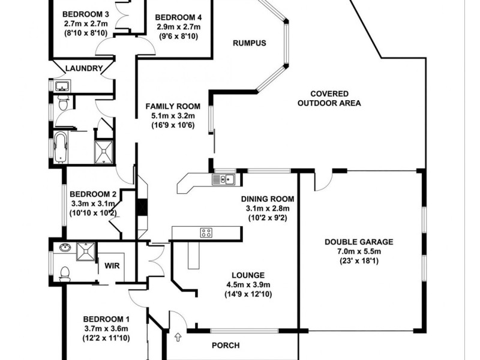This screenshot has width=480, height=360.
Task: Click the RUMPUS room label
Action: pyautogui.click(x=249, y=43)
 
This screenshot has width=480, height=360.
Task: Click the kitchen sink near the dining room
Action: pyautogui.click(x=223, y=179)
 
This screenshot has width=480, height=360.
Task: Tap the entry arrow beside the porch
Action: pyautogui.click(x=178, y=338)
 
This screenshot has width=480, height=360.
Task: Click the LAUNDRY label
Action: pyautogui.click(x=84, y=68)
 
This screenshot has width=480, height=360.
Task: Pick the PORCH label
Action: pyautogui.click(x=226, y=346)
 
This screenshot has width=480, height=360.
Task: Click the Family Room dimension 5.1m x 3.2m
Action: pyautogui.click(x=173, y=116)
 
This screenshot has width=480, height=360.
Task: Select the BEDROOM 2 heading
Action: pyautogui.click(x=92, y=194)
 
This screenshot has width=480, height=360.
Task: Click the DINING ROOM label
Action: pyautogui.click(x=267, y=199)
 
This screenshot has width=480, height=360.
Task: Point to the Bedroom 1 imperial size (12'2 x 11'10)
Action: pyautogui.click(x=106, y=338)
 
